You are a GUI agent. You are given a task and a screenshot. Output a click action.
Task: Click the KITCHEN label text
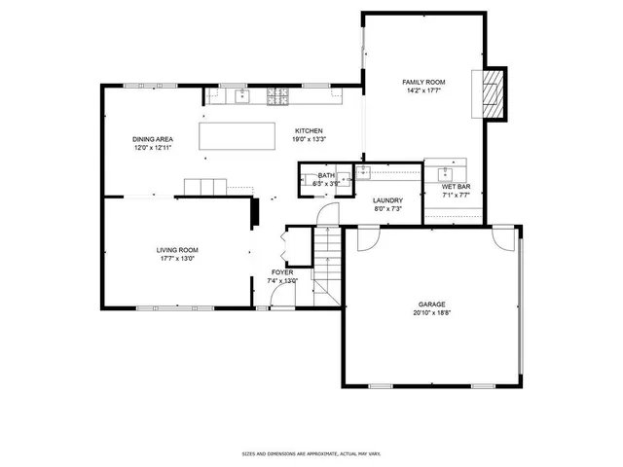tap(309, 130)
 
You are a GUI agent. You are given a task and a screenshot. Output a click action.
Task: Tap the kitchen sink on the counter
tap(242, 96)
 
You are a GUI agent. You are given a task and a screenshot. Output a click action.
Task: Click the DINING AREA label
tap(153, 139)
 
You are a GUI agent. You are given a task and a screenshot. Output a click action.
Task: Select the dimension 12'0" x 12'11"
tap(153, 148)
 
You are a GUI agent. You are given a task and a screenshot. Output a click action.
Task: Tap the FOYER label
tap(281, 272)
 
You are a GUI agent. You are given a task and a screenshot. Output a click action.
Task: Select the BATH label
tap(326, 175)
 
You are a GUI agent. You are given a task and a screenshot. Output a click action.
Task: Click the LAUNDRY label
tap(387, 200)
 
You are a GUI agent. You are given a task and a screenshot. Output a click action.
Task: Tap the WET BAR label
tap(456, 186)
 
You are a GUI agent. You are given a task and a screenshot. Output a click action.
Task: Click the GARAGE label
tap(432, 305)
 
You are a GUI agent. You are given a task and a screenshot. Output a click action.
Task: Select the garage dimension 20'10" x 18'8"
tap(432, 313)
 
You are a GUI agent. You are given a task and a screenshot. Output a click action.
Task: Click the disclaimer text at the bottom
tap(311, 453)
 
